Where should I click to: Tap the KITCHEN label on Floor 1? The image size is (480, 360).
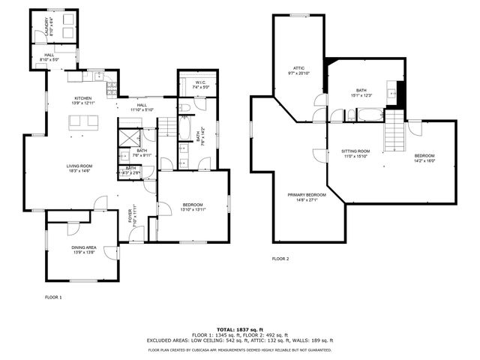(x=83, y=97)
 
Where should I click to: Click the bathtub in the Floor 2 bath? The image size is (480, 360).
(x=370, y=115)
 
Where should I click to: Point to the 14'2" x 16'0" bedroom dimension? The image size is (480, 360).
(x=424, y=160)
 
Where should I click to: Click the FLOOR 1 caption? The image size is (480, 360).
(x=53, y=298)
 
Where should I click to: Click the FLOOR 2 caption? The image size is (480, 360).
(x=280, y=259)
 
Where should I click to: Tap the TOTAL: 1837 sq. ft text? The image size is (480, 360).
(x=239, y=329)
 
